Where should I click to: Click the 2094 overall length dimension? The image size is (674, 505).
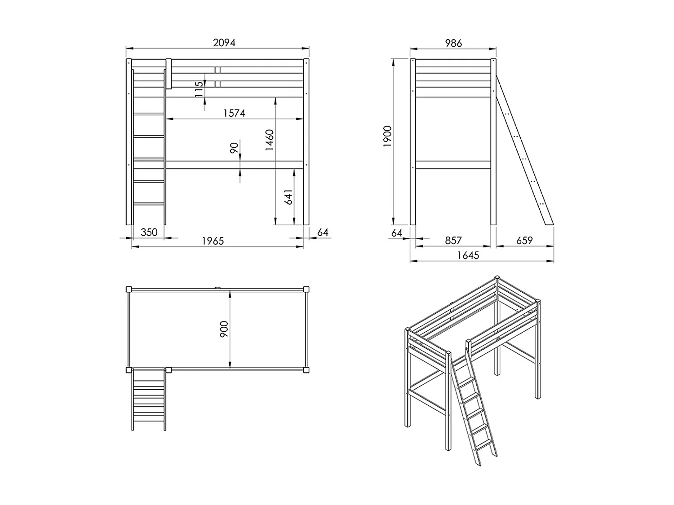click(x=224, y=43)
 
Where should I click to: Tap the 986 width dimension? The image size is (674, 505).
click(x=453, y=43)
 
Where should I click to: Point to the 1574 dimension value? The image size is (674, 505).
click(x=234, y=113)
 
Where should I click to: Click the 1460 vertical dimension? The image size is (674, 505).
click(x=269, y=140)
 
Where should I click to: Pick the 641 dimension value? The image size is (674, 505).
click(x=288, y=197)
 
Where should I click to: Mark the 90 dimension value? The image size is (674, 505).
click(x=234, y=148)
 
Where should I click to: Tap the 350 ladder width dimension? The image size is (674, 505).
click(x=149, y=232)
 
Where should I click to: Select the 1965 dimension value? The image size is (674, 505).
click(x=213, y=241)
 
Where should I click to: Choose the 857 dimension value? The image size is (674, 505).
click(x=453, y=241)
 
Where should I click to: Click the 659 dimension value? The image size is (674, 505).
click(x=524, y=241)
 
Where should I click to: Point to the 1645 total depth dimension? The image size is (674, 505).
click(x=468, y=255)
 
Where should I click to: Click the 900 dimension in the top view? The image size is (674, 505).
click(x=224, y=329)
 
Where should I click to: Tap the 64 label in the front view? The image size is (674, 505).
click(x=323, y=232)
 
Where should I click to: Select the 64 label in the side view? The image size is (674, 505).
click(x=397, y=233)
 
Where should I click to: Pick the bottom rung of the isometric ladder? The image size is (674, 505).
click(x=483, y=444)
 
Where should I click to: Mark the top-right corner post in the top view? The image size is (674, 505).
click(x=306, y=289)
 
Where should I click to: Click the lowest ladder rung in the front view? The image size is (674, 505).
click(x=149, y=204)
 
